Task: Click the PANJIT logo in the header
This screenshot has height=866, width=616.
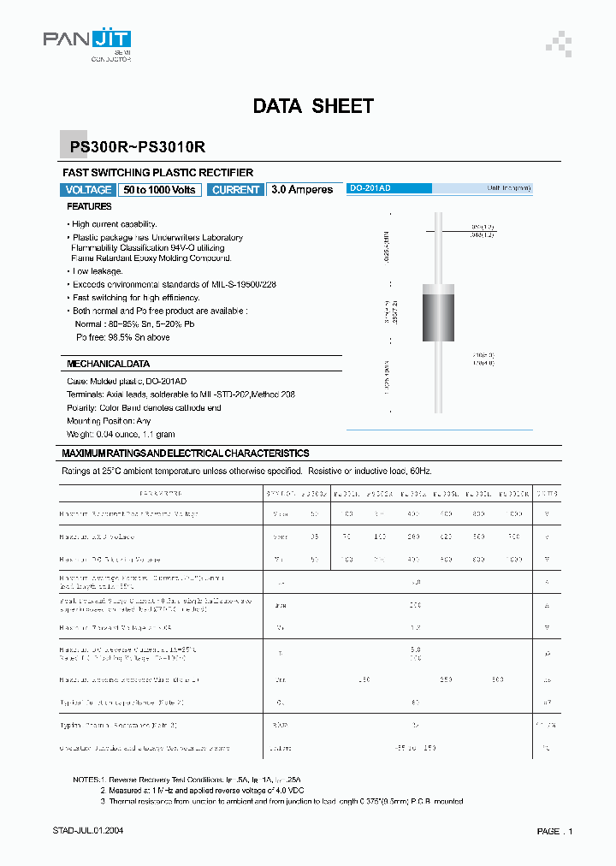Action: tap(87, 40)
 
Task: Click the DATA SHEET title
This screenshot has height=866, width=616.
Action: tap(313, 106)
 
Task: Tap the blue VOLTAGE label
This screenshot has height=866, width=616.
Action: tap(88, 190)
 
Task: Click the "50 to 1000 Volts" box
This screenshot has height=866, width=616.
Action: tap(160, 190)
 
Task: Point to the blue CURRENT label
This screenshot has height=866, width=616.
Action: tap(235, 190)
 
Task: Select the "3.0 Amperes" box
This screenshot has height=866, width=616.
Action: tap(302, 190)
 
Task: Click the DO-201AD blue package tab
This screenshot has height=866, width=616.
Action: tap(388, 187)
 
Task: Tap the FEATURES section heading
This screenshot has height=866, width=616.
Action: tap(90, 207)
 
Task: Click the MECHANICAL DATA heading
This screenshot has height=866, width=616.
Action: tap(108, 364)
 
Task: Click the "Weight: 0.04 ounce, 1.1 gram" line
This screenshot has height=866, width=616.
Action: tap(124, 435)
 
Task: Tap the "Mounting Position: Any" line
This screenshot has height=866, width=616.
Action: tap(109, 421)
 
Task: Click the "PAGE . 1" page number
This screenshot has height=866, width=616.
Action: tap(554, 831)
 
